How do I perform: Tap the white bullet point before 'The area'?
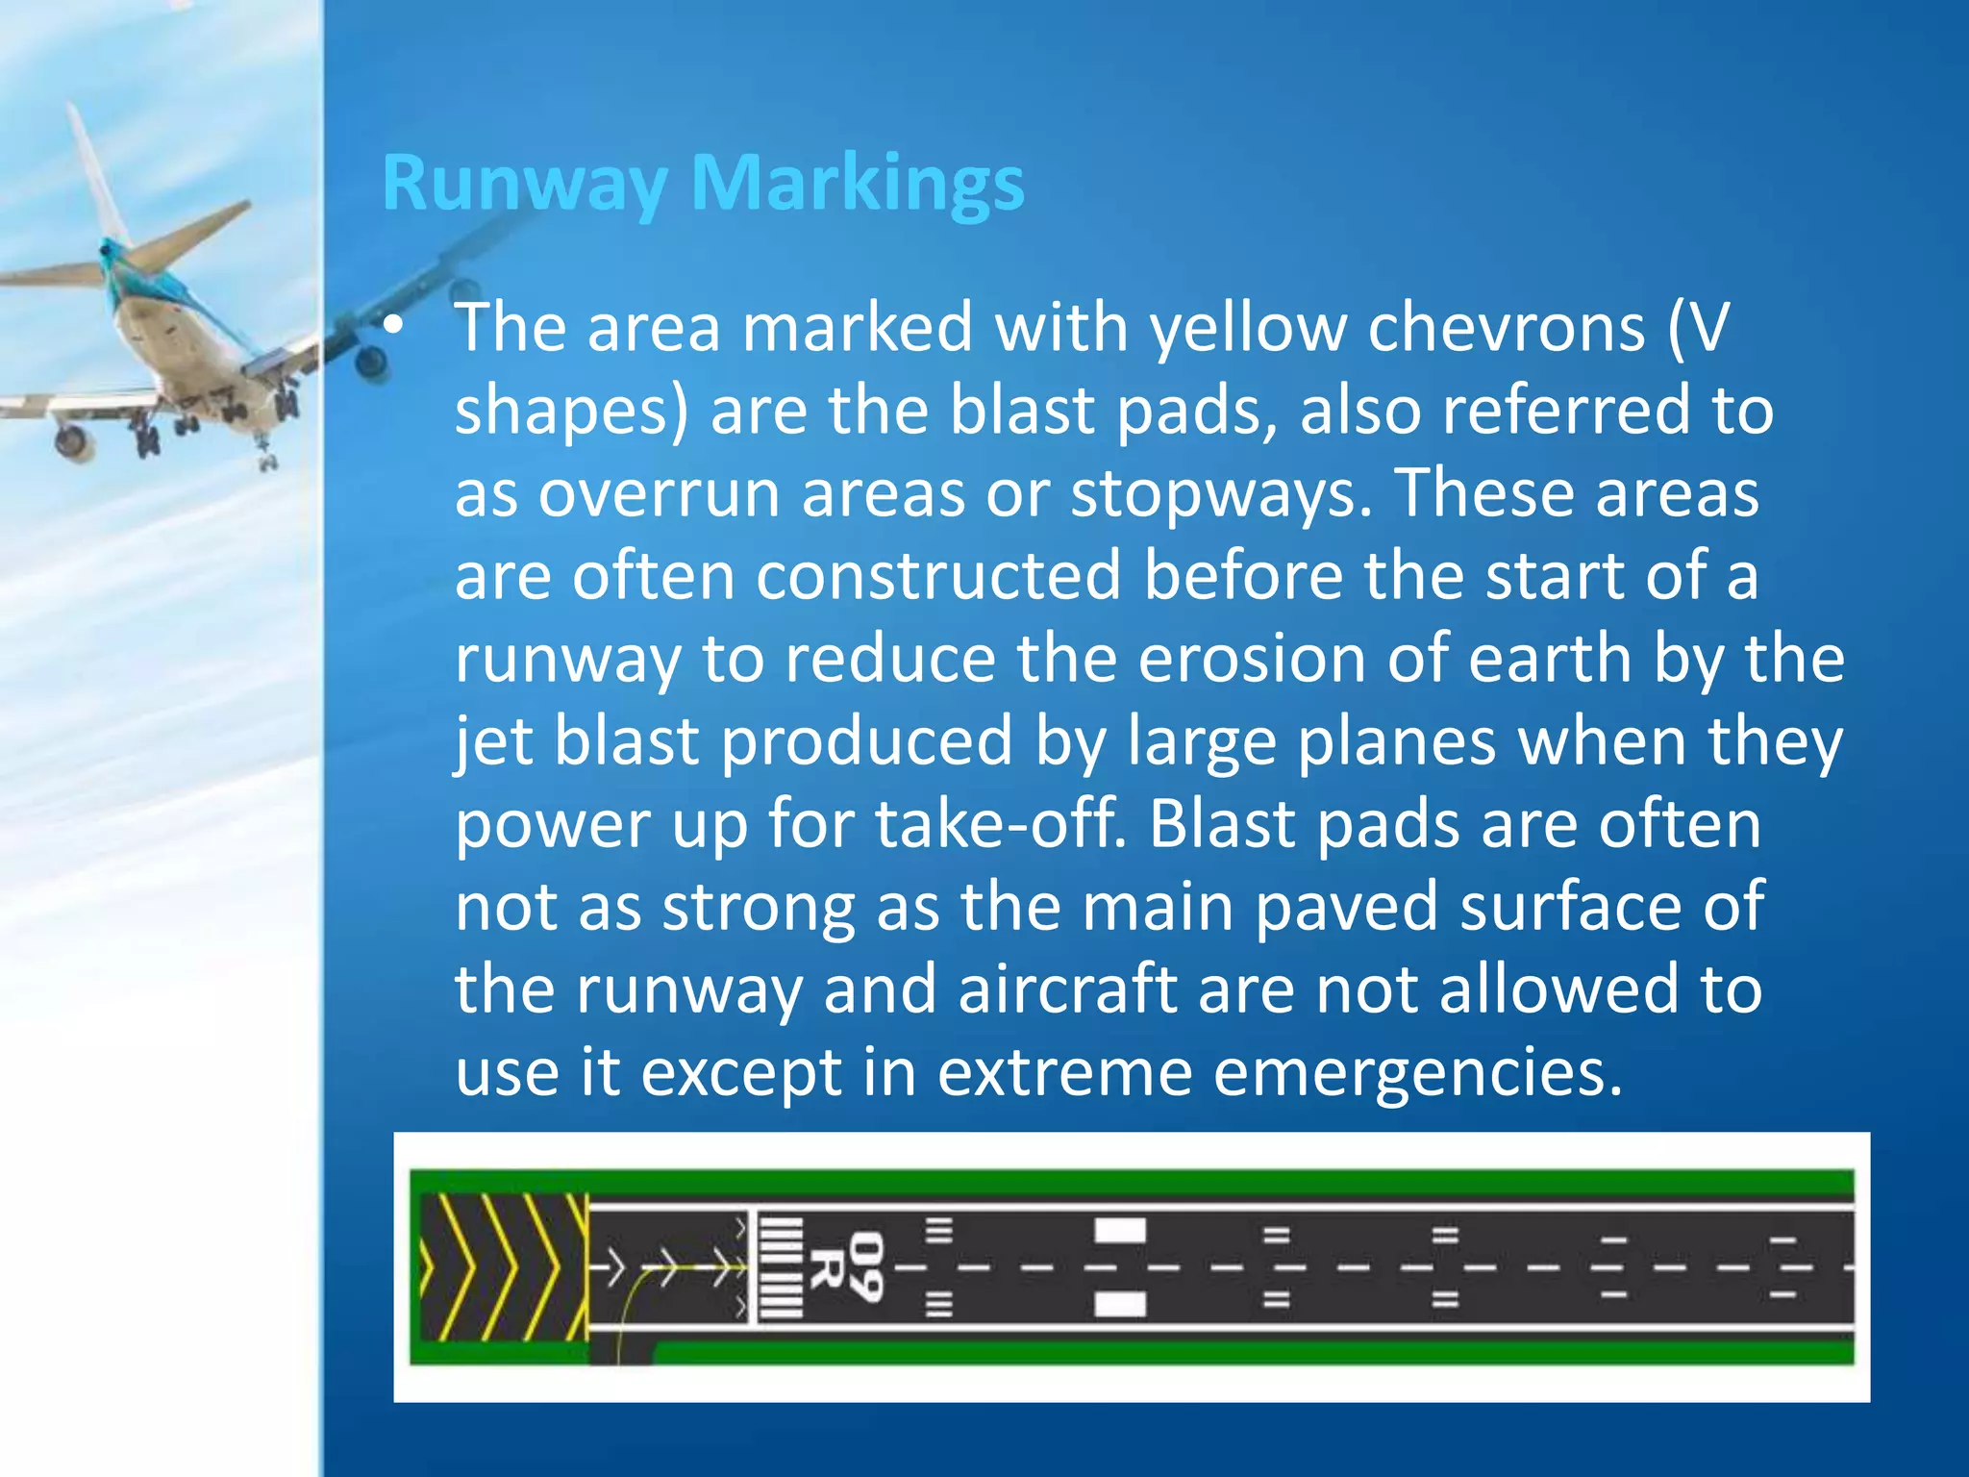393,327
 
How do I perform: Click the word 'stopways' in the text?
1220,494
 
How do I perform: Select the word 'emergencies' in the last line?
1418,1073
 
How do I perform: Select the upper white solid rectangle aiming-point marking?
1120,1230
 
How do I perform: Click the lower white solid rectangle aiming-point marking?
1120,1304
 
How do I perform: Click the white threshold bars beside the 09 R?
781,1267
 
